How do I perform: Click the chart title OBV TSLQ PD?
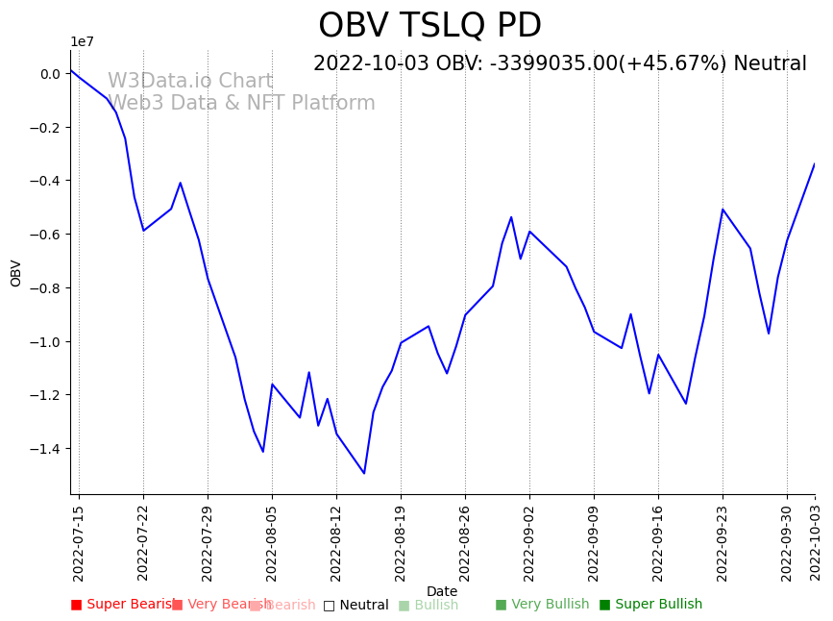click(x=429, y=26)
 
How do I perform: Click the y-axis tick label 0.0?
click(x=50, y=74)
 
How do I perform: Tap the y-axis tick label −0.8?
click(x=44, y=288)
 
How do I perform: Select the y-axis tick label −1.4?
click(x=44, y=449)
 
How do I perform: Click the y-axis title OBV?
click(x=16, y=273)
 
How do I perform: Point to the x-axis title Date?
click(x=442, y=592)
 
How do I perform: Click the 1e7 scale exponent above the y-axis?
click(x=83, y=41)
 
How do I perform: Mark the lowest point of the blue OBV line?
click(x=364, y=473)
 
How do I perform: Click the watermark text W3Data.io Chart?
click(x=190, y=82)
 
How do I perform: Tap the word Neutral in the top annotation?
click(x=770, y=64)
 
